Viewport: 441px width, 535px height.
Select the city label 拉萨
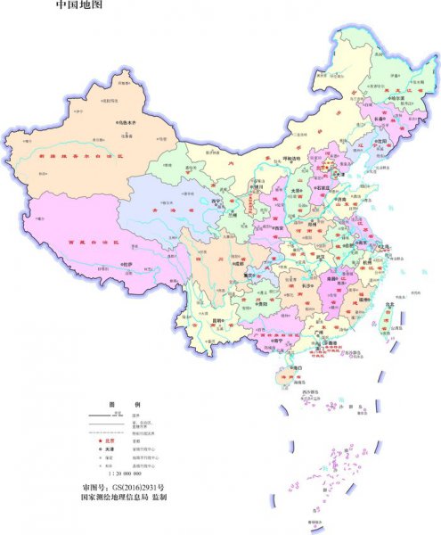[128, 264]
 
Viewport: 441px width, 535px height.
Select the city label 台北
[389, 305]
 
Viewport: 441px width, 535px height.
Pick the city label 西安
[267, 228]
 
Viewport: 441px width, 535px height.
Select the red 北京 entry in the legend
[112, 440]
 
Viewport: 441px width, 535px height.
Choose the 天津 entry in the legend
[112, 449]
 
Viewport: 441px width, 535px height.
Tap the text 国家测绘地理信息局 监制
[124, 501]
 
